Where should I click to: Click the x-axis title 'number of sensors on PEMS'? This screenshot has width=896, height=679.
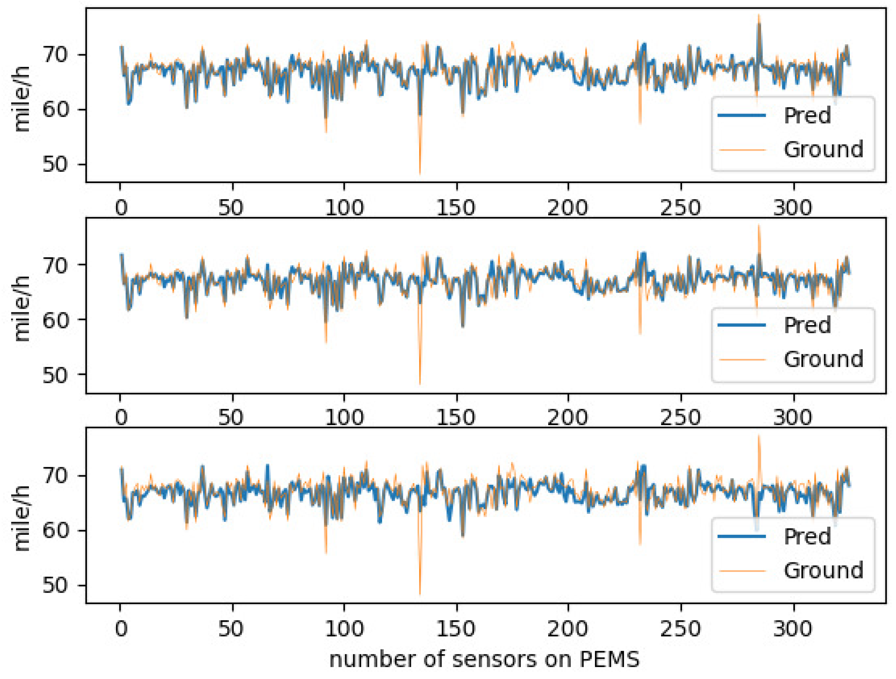(484, 659)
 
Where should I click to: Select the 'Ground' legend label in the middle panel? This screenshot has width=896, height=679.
(823, 359)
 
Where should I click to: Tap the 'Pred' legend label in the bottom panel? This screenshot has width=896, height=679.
(807, 536)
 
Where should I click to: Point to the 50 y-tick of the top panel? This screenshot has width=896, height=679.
(55, 165)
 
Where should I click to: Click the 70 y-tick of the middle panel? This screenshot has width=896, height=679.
(55, 265)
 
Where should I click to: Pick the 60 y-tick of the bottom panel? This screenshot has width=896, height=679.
(55, 530)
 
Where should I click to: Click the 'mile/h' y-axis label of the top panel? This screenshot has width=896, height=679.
(22, 98)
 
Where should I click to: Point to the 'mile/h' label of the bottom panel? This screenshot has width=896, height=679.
(22, 518)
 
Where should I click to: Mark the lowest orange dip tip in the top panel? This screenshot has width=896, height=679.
(420, 174)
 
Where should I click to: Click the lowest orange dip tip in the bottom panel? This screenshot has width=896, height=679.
(420, 594)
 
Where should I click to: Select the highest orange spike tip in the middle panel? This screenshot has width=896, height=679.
(759, 225)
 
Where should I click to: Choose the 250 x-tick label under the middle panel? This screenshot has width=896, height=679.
(680, 418)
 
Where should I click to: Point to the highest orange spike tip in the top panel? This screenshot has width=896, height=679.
(759, 15)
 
